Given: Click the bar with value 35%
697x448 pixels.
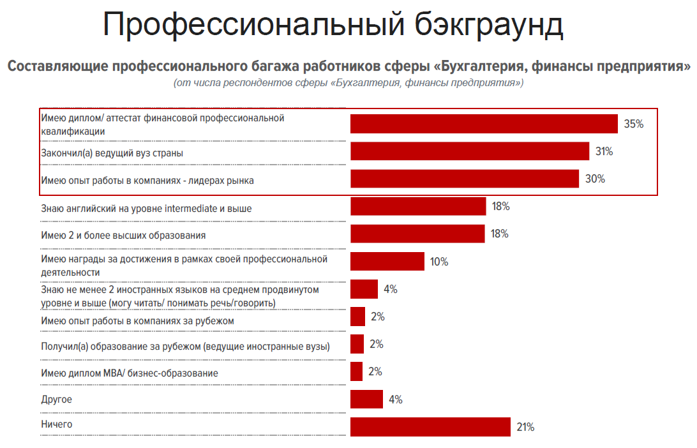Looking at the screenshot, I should [484, 124].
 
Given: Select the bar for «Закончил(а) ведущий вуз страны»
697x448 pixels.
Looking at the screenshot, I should [470, 151].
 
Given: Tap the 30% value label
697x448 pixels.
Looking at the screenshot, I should [595, 179].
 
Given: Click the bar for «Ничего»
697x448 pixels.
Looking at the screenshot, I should [430, 427].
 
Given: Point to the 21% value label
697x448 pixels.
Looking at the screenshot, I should [525, 427].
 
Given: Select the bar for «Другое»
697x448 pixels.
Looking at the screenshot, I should [366, 399].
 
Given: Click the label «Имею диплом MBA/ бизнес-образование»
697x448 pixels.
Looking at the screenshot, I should [129, 373].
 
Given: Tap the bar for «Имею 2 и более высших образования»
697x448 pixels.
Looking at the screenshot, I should [417, 234].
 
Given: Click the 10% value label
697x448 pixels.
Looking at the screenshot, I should [439, 262].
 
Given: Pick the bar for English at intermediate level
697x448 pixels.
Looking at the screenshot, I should [418, 206].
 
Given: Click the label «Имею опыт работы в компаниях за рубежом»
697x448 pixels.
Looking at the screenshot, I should [137, 320].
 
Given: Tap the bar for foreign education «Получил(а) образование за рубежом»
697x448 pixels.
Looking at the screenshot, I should [357, 345].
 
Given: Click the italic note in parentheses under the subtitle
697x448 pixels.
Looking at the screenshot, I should [348, 83].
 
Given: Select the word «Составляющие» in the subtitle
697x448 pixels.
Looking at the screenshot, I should [57, 66].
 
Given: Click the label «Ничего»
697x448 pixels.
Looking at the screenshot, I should [56, 424].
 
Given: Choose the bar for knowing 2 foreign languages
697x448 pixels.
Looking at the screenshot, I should [364, 289].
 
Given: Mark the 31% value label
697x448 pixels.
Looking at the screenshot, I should [604, 151].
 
